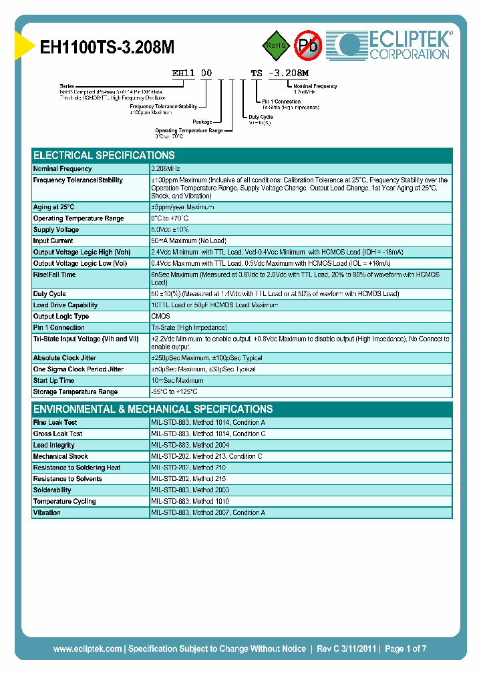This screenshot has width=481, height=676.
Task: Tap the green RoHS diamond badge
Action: point(275,45)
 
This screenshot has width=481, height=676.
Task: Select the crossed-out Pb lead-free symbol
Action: point(308,45)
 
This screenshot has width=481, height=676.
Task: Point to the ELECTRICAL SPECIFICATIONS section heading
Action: point(104,155)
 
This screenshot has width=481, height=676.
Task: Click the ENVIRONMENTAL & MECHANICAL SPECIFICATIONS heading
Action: point(153,409)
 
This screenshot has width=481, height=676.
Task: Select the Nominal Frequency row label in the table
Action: point(63,169)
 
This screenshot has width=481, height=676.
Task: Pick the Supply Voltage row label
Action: point(56,230)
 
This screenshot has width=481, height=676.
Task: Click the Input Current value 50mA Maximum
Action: point(188,241)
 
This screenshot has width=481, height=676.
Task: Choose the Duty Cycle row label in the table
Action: point(49,294)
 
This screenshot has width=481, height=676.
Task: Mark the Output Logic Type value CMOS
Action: point(160,317)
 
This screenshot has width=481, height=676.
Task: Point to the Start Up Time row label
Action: point(53,381)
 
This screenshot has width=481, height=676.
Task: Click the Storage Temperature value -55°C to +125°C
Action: point(174,392)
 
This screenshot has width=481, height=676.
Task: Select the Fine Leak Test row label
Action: point(55,423)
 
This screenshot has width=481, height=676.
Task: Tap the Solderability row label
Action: point(52,490)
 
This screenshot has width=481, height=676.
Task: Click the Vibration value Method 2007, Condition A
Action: point(208,513)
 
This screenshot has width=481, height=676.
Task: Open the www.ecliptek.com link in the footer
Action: point(88,649)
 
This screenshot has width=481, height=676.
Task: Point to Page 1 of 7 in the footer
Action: point(406,649)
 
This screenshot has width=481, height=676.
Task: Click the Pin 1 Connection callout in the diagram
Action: point(278,102)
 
